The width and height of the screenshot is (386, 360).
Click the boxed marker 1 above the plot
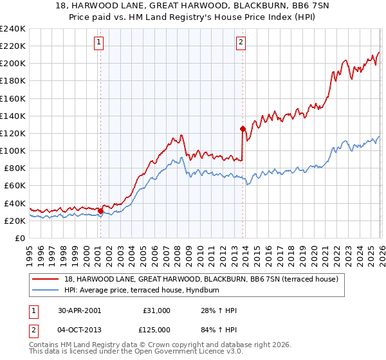pyautogui.click(x=100, y=42)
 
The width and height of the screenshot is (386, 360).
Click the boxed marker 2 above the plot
pyautogui.click(x=241, y=42)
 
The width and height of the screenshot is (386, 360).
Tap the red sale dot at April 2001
pyautogui.click(x=101, y=211)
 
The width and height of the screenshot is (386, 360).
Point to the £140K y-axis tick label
pyautogui.click(x=13, y=116)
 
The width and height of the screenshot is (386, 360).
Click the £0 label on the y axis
pyautogui.click(x=19, y=238)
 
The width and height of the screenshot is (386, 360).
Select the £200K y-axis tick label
pyautogui.click(x=13, y=64)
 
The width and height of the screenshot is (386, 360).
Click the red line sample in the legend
pyautogui.click(x=46, y=278)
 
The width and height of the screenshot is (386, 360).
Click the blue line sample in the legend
pyautogui.click(x=46, y=289)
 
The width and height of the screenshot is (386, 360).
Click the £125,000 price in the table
pyautogui.click(x=156, y=330)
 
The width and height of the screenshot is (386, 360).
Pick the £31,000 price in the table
pyautogui.click(x=156, y=310)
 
